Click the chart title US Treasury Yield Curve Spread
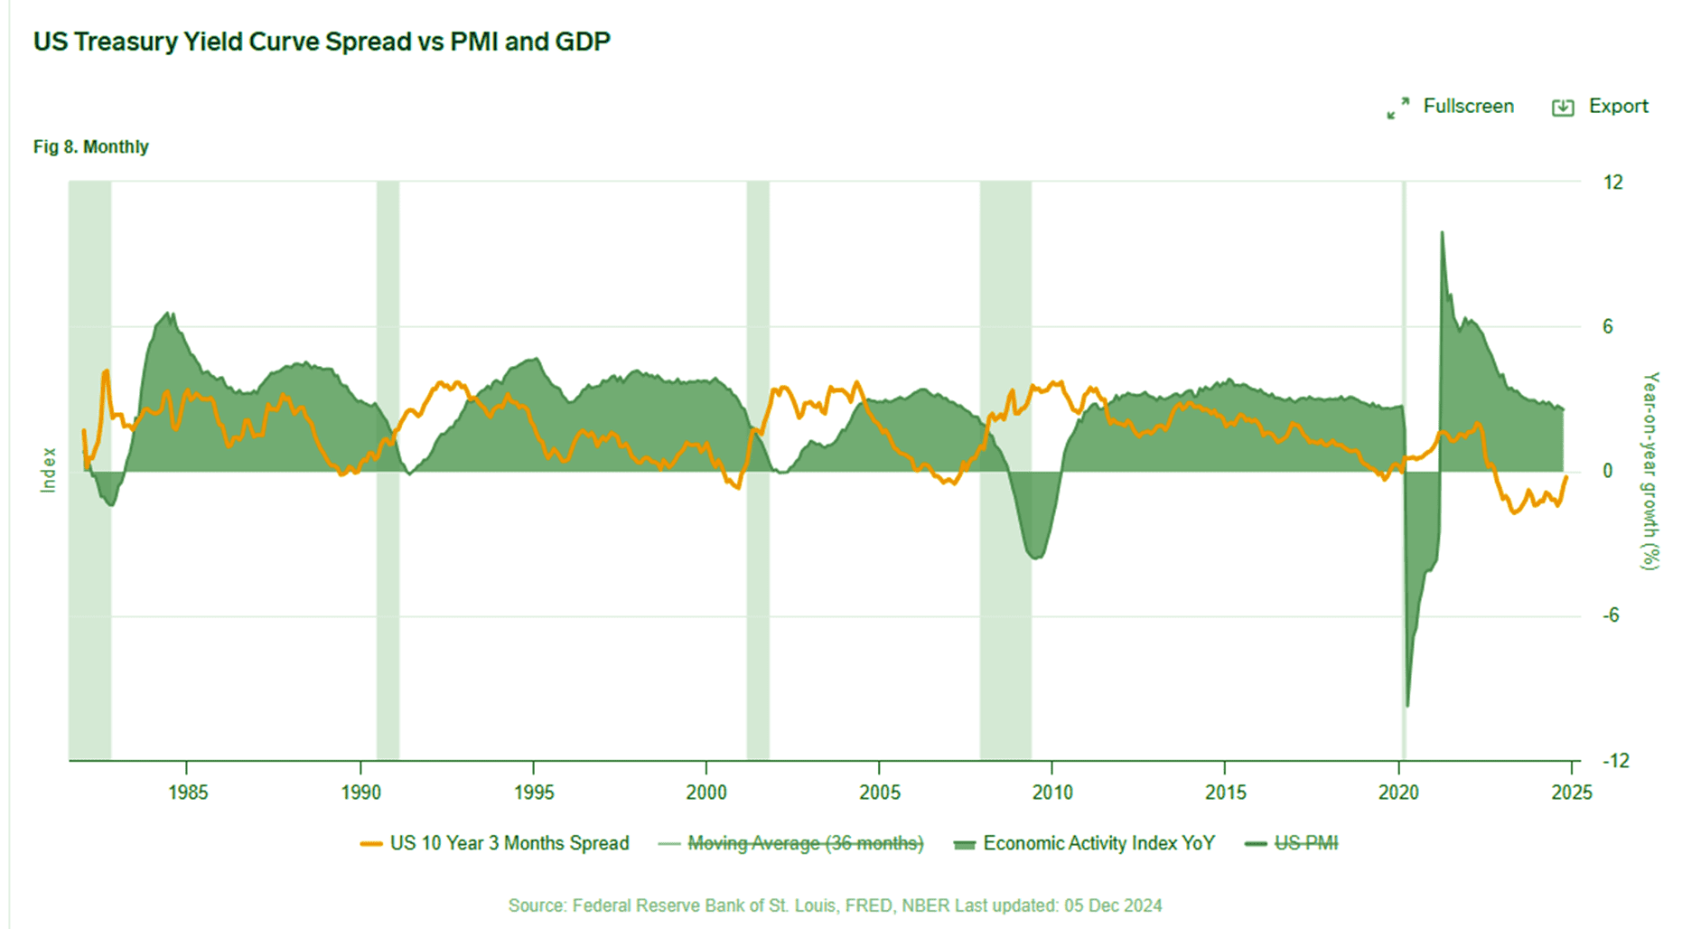[x=322, y=42]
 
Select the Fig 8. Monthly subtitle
[x=90, y=146]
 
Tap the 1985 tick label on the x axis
[x=187, y=793]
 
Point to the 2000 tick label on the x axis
[x=706, y=793]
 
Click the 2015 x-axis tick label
[x=1225, y=793]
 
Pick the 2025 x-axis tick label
[x=1571, y=793]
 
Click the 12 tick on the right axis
[x=1612, y=183]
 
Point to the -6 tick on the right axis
[x=1611, y=615]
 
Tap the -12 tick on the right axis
[x=1615, y=761]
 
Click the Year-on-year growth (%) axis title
[x=1650, y=470]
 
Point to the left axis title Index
[x=48, y=470]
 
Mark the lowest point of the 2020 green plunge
[x=1407, y=706]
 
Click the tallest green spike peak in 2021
[x=1442, y=233]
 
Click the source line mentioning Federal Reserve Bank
[x=834, y=906]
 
